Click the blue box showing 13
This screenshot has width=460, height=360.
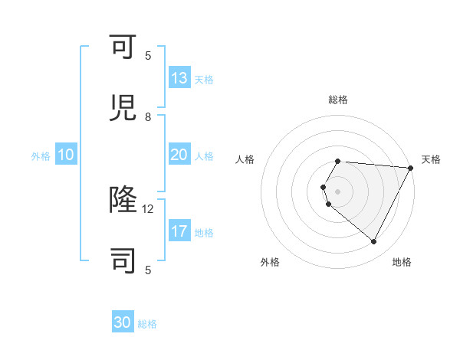point(179,79)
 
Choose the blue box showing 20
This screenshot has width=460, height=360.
point(179,155)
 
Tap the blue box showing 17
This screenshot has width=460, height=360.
point(179,231)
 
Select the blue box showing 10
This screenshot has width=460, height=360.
point(66,155)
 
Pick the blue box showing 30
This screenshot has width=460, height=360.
point(123,323)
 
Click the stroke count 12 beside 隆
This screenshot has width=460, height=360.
point(148,208)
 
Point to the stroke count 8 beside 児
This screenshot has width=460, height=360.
point(148,117)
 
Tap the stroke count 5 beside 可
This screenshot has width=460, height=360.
point(148,55)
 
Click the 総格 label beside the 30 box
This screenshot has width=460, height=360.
point(147,324)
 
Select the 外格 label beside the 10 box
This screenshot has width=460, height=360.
point(41,156)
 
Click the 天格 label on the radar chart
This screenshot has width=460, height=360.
point(431,159)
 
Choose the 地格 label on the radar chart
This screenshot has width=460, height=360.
point(402,262)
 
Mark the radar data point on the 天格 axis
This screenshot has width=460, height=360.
point(411,168)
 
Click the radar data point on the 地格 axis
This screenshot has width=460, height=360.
point(374,242)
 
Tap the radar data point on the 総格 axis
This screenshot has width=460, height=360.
point(338,161)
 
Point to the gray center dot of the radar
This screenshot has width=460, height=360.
point(338,191)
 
